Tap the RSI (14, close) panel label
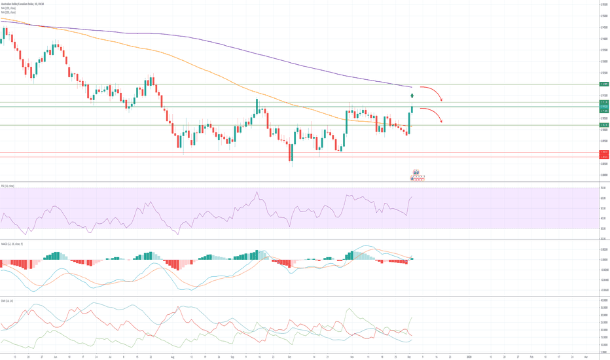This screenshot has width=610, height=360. (x=9, y=187)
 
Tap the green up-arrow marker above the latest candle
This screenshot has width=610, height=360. (x=412, y=96)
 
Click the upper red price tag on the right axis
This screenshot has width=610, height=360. (x=604, y=153)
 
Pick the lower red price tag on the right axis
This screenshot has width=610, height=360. (x=604, y=157)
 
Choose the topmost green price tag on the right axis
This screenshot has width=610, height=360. (x=604, y=84)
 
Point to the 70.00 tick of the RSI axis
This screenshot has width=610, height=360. (x=602, y=189)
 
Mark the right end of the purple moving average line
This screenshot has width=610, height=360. (x=412, y=86)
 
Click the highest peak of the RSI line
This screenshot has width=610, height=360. (x=257, y=192)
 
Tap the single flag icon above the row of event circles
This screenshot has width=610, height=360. (x=416, y=172)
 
